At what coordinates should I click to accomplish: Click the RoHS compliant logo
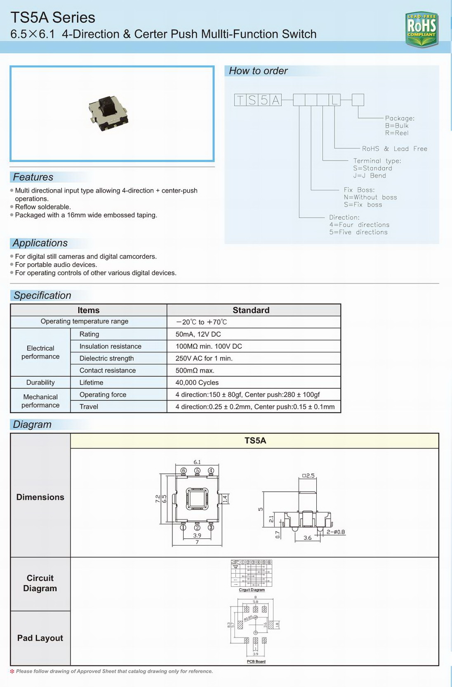coord(421,29)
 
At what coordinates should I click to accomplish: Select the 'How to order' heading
coord(258,71)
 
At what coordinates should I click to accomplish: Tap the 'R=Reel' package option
coord(396,133)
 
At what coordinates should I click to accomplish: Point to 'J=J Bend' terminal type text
coord(370,176)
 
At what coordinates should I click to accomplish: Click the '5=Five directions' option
coord(358,232)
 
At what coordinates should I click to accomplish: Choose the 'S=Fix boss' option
coord(363,205)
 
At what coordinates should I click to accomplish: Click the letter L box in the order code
coord(334,100)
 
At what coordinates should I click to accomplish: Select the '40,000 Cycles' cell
coord(197,382)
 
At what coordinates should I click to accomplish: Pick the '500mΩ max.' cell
coord(195,371)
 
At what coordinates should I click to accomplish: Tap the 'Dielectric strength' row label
coord(106,359)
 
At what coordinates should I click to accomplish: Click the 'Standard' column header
coord(251,310)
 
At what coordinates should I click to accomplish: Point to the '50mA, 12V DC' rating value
coord(198,334)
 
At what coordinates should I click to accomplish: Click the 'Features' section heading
coord(33,177)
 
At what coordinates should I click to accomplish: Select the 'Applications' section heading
coord(40,243)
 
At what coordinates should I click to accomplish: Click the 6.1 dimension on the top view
coord(197,462)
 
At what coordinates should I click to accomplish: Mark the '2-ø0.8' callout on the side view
coord(336,532)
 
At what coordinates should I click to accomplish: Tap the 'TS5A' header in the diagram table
coord(255,441)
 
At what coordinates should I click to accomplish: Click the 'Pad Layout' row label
coord(40,638)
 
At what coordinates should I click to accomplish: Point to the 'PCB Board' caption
coord(256,661)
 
